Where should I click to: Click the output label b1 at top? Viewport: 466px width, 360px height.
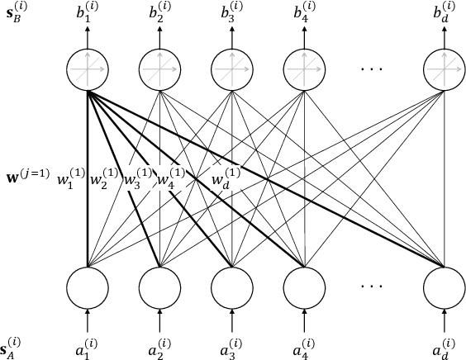coord(88,13)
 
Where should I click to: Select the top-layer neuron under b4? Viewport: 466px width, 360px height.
coord(303,71)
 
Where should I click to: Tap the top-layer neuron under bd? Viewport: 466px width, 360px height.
coord(445,71)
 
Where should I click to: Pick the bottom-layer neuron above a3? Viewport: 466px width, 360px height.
coord(231,287)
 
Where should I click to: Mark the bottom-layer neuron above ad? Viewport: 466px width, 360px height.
coord(445,287)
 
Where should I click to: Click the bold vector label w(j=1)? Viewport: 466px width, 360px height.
coord(26,174)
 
